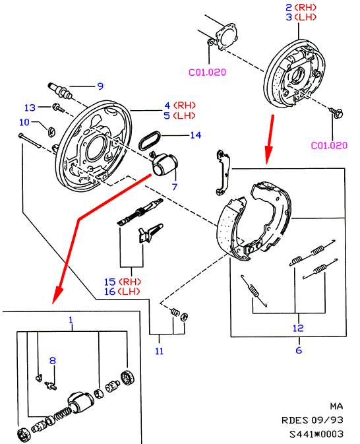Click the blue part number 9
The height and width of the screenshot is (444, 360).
click(100, 86)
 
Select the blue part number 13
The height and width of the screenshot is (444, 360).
click(30, 108)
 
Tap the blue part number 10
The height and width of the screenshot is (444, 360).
click(24, 122)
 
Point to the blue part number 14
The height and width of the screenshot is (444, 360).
click(196, 135)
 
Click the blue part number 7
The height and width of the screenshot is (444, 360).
click(175, 187)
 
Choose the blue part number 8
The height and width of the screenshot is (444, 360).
click(53, 360)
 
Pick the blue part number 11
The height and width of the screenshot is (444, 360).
click(160, 351)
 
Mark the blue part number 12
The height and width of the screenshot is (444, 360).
click(298, 328)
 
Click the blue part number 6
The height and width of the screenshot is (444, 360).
click(299, 350)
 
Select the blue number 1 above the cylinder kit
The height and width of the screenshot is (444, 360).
click(71, 320)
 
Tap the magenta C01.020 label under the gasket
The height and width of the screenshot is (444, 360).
click(208, 72)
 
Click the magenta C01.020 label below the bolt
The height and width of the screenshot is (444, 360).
click(329, 145)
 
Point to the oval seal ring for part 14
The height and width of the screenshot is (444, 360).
click(150, 141)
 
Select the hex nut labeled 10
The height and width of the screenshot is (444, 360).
click(51, 132)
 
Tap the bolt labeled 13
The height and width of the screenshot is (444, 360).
click(58, 108)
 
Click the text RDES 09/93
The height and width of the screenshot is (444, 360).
click(313, 420)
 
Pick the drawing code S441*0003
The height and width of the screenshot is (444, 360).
click(316, 434)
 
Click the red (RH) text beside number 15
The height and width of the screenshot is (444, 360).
click(130, 282)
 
